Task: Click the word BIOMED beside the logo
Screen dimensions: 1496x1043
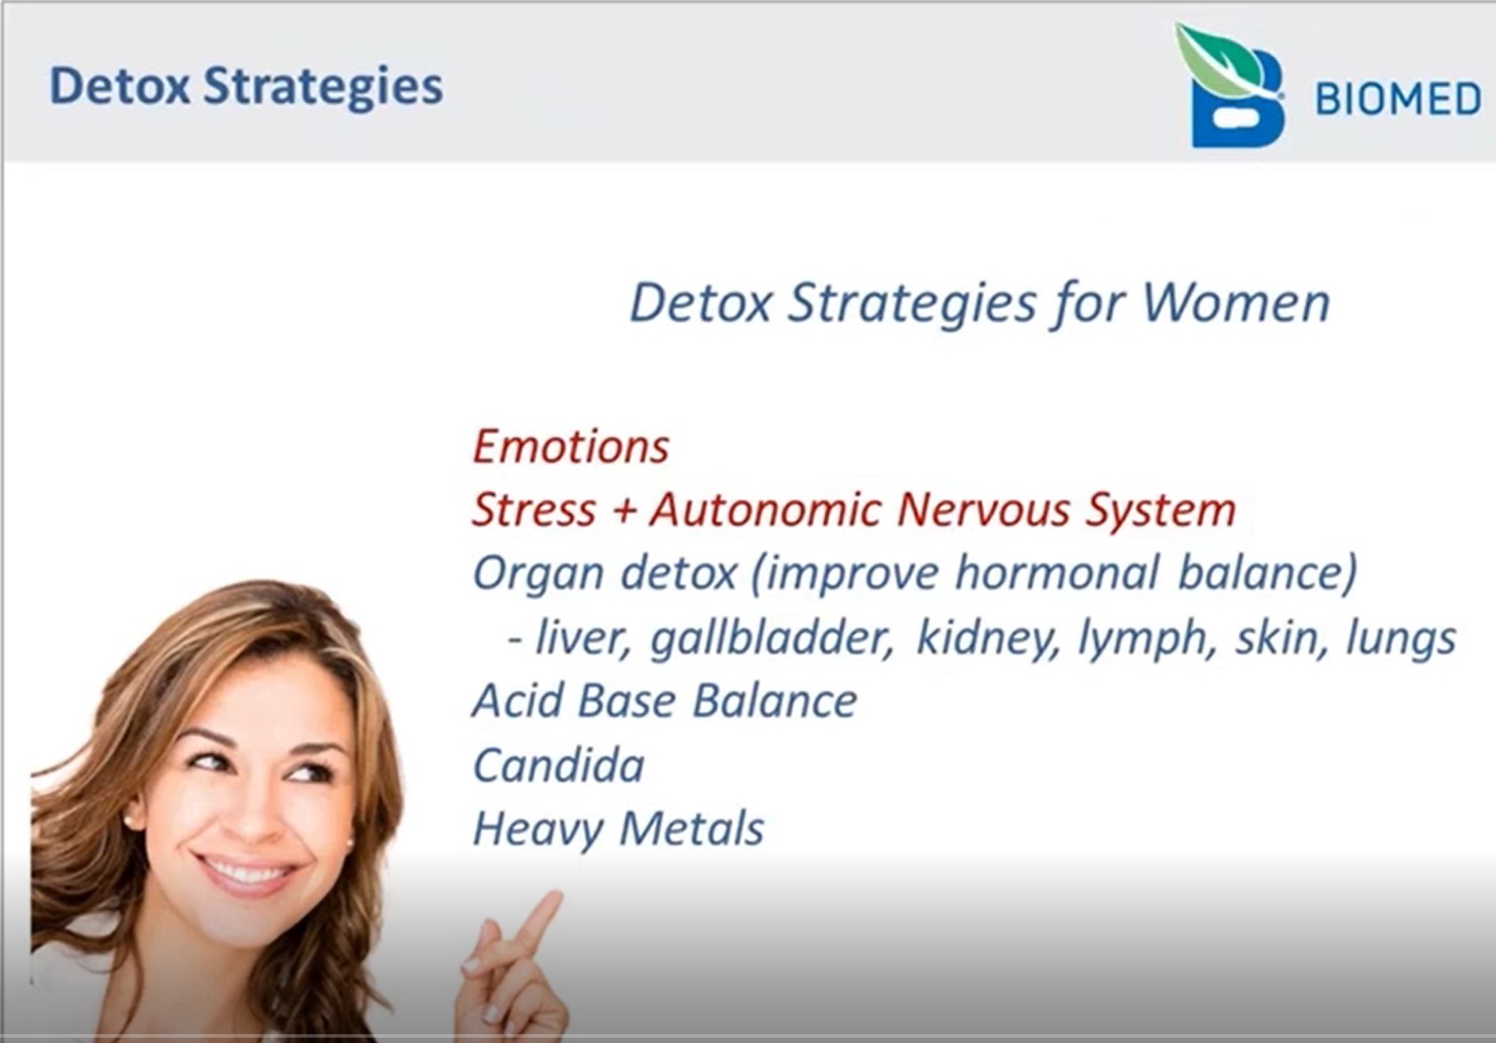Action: click(x=1398, y=99)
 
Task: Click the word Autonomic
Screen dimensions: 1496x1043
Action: click(x=766, y=509)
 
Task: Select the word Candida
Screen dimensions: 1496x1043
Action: click(x=558, y=765)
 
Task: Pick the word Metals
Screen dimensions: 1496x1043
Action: click(x=692, y=828)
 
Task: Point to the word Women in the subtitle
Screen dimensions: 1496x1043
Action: click(x=1236, y=304)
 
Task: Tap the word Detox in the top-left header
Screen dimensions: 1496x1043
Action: click(x=120, y=86)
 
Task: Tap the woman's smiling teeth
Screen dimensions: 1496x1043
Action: click(x=245, y=872)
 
